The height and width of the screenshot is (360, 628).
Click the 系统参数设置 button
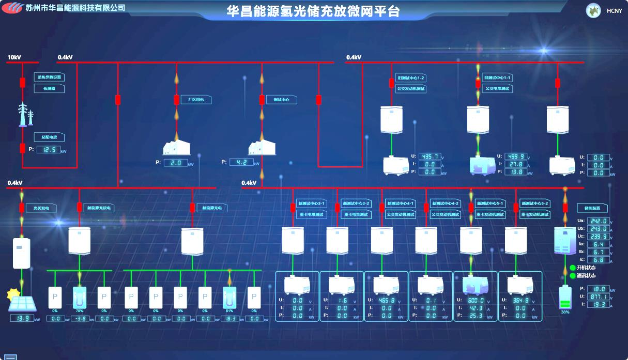49,77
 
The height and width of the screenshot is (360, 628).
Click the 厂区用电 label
195,100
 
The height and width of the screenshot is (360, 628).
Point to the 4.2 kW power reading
241,162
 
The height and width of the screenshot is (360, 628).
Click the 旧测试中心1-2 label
411,77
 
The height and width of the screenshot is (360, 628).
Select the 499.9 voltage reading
516,156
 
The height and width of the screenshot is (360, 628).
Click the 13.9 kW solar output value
22,318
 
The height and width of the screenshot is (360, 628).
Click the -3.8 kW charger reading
80,319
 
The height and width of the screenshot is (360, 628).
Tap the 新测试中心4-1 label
400,204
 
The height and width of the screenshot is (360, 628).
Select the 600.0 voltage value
475,300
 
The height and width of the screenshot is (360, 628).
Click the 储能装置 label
592,208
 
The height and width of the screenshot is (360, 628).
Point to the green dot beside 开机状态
573,268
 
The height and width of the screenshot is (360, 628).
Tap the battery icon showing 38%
565,299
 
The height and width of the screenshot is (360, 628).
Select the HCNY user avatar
593,10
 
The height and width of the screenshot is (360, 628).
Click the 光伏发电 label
41,208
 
